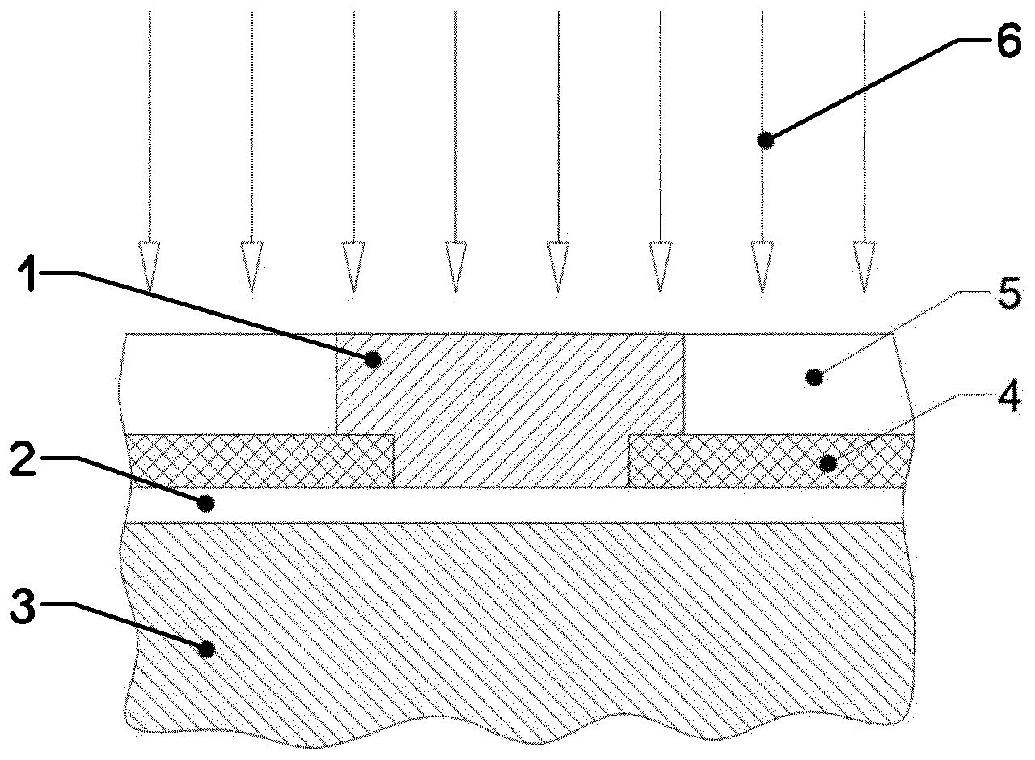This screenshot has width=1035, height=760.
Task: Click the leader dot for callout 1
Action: pos(374,359)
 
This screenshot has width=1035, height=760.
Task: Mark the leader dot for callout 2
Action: pos(205,503)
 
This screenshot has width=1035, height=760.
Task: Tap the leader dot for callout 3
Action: pos(205,649)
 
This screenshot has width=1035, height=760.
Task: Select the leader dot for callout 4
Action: pos(827,463)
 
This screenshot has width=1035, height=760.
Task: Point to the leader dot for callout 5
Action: pos(814,378)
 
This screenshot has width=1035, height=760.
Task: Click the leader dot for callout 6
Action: pos(766,140)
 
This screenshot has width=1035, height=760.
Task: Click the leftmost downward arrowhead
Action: pos(150,267)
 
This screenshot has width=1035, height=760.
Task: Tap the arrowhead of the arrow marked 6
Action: pos(762,267)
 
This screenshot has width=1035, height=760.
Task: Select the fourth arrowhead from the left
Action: pos(455,267)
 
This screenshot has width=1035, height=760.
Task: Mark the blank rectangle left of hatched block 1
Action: pos(229,383)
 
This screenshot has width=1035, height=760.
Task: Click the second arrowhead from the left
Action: pos(251,267)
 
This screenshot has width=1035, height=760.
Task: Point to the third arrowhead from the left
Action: pos(353,267)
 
